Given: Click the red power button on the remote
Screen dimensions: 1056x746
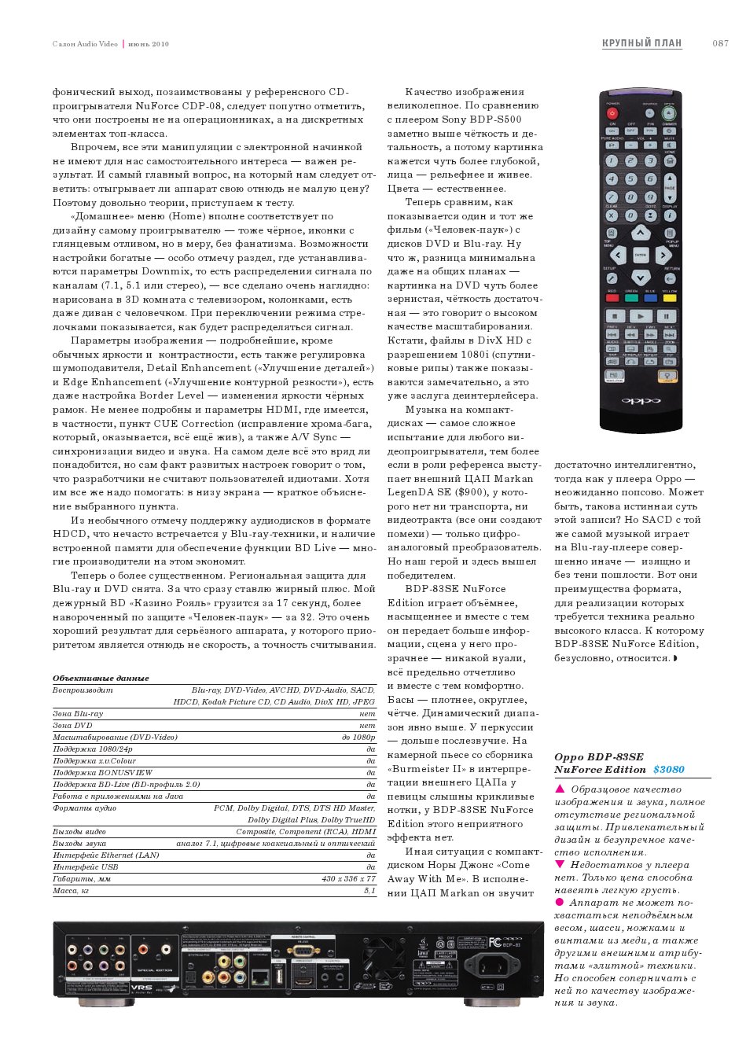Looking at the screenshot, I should pyautogui.click(x=612, y=113).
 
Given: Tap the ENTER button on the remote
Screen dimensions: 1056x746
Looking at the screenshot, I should pyautogui.click(x=641, y=255).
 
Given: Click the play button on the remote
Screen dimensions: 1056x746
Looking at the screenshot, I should pyautogui.click(x=641, y=315).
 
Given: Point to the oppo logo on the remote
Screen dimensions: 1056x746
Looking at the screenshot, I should pyautogui.click(x=641, y=400).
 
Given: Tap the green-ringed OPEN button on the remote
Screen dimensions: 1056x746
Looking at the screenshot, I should pyautogui.click(x=669, y=113).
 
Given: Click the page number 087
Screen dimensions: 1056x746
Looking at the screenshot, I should pyautogui.click(x=720, y=43).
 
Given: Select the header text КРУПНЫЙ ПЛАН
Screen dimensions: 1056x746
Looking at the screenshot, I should pyautogui.click(x=641, y=43).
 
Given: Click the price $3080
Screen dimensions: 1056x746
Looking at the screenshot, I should pyautogui.click(x=669, y=770).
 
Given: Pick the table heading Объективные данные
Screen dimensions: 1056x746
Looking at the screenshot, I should pyautogui.click(x=101, y=678).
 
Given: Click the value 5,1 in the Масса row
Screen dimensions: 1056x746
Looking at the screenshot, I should pyautogui.click(x=369, y=891).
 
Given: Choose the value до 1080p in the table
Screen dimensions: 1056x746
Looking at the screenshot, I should pyautogui.click(x=358, y=738).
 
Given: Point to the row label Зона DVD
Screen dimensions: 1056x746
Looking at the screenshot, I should pyautogui.click(x=72, y=726).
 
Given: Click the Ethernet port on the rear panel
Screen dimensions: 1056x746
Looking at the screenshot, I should pyautogui.click(x=259, y=977).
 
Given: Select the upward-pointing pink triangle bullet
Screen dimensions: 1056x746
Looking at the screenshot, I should pyautogui.click(x=560, y=789).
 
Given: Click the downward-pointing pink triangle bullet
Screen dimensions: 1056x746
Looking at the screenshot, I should pyautogui.click(x=560, y=864).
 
